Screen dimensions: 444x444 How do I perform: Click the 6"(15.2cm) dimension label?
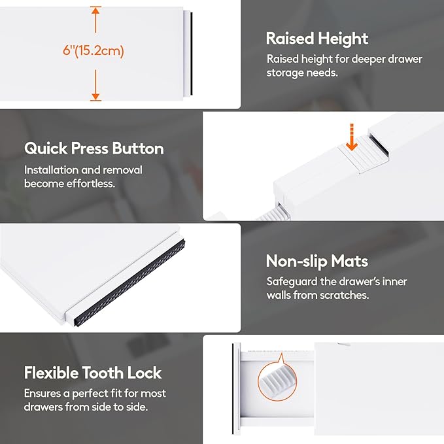pos(94,51)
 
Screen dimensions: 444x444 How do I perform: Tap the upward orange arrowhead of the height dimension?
pos(95,10)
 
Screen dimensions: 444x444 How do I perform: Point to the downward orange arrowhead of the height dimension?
pos(95,95)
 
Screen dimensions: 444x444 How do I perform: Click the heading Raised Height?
pos(317,39)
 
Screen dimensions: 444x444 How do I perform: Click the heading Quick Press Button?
pos(94,148)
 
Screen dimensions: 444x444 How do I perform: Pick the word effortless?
pos(91,184)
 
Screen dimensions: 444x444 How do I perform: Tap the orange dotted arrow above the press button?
pos(352,137)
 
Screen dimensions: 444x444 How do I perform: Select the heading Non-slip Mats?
pos(317,261)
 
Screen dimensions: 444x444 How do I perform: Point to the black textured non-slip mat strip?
pos(129,282)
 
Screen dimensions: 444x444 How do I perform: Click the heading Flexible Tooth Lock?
pos(93,373)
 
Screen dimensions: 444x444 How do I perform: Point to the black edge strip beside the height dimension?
pos(192,54)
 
